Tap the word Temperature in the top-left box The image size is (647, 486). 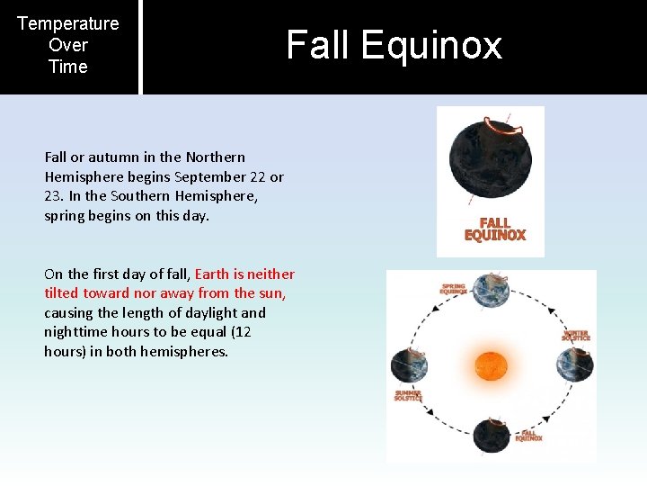click(68, 23)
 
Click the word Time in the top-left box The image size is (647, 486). click(68, 67)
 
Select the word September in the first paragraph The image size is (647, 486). click(216, 176)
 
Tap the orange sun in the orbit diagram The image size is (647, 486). click(491, 369)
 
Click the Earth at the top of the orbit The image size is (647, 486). click(492, 290)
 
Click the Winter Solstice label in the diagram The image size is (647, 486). click(575, 335)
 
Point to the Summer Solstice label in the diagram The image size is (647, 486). click(408, 396)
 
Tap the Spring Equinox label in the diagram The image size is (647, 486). click(453, 290)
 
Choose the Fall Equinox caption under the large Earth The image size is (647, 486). click(494, 229)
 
